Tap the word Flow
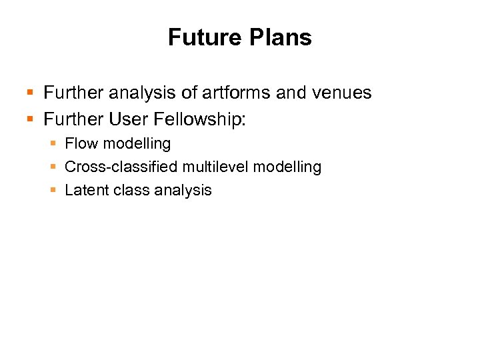(x=81, y=143)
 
